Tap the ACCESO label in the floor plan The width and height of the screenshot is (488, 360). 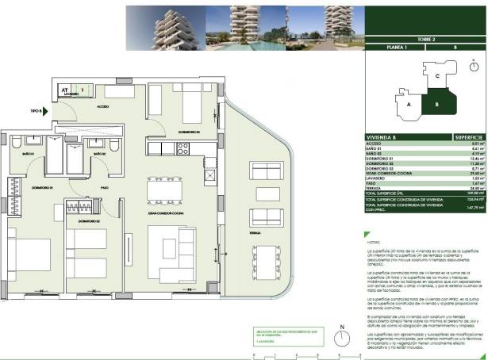[x=102, y=105]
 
